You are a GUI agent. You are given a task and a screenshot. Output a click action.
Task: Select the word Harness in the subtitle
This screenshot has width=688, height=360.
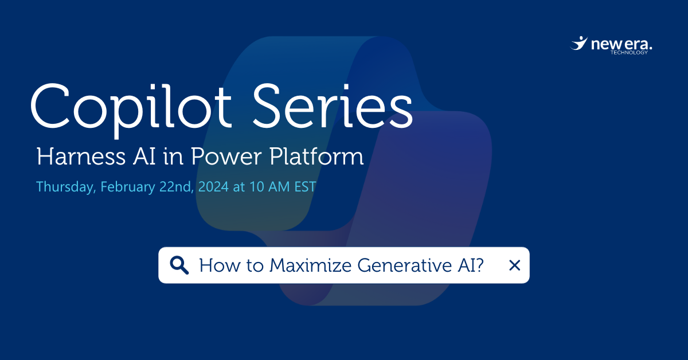click(72, 157)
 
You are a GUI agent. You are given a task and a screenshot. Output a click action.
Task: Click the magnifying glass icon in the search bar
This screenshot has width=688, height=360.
click(179, 265)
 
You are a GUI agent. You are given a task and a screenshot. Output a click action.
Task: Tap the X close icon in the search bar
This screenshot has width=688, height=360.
click(514, 265)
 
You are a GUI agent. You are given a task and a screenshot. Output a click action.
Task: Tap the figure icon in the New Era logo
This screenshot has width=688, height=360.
click(579, 44)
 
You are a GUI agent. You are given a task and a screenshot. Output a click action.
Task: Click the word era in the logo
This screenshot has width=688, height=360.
click(636, 44)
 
